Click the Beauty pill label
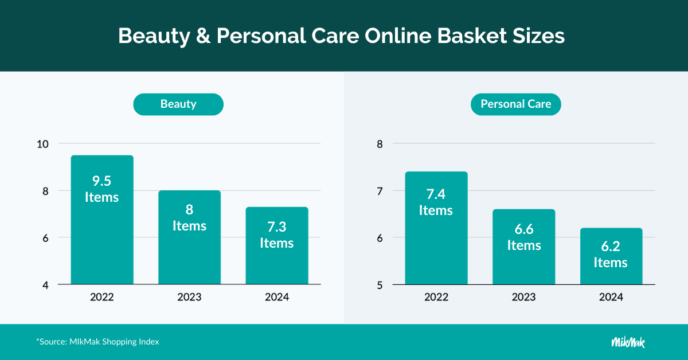click(x=178, y=104)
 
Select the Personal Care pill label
click(x=515, y=104)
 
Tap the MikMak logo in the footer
click(x=628, y=342)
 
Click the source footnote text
click(x=97, y=342)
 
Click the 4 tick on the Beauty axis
click(x=45, y=285)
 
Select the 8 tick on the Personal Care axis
click(x=380, y=144)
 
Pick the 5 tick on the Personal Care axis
click(x=380, y=285)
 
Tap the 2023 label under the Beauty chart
click(x=189, y=298)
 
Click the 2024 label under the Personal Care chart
click(x=611, y=298)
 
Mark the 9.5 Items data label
click(x=101, y=189)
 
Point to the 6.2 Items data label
click(x=611, y=255)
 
